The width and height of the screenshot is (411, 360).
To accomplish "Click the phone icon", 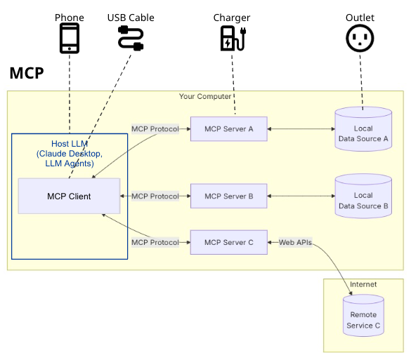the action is click(x=70, y=38).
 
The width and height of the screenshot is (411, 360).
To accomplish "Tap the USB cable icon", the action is click(x=131, y=38).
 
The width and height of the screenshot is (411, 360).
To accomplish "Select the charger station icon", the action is click(x=233, y=38).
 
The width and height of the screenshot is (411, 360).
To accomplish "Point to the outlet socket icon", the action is click(x=360, y=38).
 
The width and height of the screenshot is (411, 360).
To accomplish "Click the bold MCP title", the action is click(x=27, y=73).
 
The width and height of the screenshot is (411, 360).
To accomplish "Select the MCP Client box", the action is click(x=69, y=196).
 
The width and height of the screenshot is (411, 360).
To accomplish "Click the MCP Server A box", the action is click(x=229, y=129).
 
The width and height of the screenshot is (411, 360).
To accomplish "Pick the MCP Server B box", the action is click(x=229, y=196).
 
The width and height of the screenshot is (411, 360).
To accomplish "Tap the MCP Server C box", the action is click(x=229, y=242).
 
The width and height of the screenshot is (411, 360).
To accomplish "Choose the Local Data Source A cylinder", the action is click(x=363, y=129).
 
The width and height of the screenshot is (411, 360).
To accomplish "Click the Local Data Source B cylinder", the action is click(x=363, y=196).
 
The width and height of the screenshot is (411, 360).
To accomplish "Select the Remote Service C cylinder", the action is click(x=363, y=316).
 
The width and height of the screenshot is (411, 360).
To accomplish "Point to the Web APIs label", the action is click(x=295, y=242).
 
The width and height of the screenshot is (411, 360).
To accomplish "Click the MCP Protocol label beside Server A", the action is click(x=155, y=129).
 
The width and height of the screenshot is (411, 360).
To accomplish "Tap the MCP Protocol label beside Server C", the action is click(x=155, y=242).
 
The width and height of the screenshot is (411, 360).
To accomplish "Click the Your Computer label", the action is click(x=205, y=96).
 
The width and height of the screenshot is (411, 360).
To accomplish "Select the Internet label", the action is click(x=363, y=284).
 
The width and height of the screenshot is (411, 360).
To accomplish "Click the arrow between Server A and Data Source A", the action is click(x=301, y=129).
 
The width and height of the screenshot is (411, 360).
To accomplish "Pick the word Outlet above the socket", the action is click(x=360, y=18).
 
